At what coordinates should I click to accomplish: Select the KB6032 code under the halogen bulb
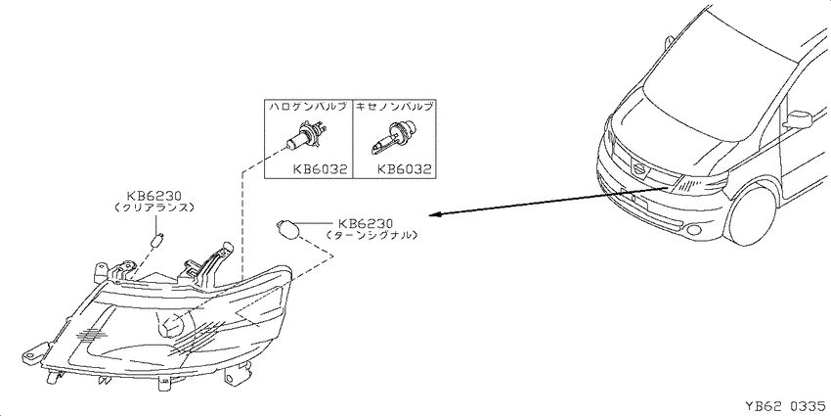[320, 169]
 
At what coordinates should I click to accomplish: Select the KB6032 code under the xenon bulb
[404, 169]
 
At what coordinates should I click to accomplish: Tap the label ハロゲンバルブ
[308, 106]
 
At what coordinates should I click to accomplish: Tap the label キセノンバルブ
[394, 106]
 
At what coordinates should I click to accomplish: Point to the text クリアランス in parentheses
[153, 208]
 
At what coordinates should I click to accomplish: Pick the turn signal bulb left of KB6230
[288, 229]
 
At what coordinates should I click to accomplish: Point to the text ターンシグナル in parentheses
[372, 235]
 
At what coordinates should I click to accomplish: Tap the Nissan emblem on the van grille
[639, 169]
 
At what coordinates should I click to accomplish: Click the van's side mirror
[798, 119]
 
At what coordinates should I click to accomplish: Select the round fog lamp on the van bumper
[693, 229]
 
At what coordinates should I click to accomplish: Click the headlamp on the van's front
[698, 184]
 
